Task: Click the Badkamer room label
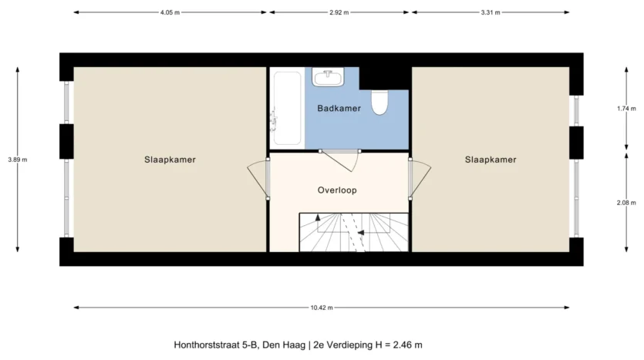pyautogui.click(x=339, y=109)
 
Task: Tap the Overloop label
pyautogui.click(x=337, y=190)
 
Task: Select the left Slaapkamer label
pyautogui.click(x=170, y=160)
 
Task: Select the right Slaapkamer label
pyautogui.click(x=491, y=160)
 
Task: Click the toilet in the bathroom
pyautogui.click(x=379, y=103)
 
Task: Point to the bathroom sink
pyautogui.click(x=328, y=77)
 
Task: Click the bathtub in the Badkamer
pyautogui.click(x=287, y=108)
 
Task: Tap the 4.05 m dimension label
pyautogui.click(x=170, y=12)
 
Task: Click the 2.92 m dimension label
pyautogui.click(x=339, y=12)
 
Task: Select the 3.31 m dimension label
pyautogui.click(x=491, y=12)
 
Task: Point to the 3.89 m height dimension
pyautogui.click(x=17, y=160)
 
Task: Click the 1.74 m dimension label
pyautogui.click(x=626, y=109)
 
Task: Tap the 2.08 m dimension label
pyautogui.click(x=626, y=203)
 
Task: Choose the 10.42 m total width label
pyautogui.click(x=322, y=308)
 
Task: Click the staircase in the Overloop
pyautogui.click(x=354, y=232)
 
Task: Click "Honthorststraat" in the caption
pyautogui.click(x=207, y=345)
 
